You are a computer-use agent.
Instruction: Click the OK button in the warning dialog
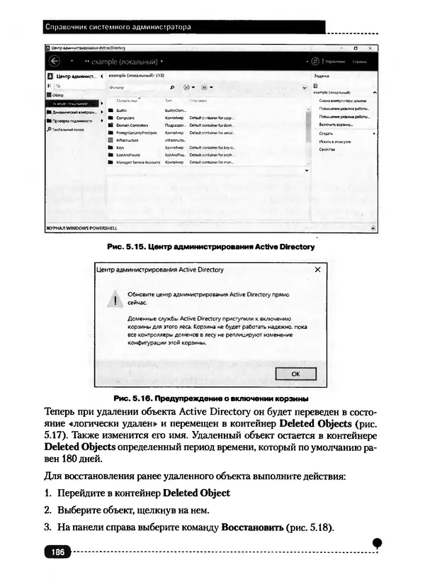click(x=294, y=373)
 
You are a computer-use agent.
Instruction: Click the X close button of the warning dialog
click(x=317, y=270)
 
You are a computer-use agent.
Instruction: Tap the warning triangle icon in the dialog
click(x=113, y=300)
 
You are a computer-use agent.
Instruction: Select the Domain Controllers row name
click(x=131, y=125)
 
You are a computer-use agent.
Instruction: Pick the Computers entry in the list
click(x=125, y=118)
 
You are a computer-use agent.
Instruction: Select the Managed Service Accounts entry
click(x=137, y=162)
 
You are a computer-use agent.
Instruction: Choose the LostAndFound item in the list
click(x=129, y=155)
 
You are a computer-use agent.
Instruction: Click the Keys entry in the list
click(x=120, y=147)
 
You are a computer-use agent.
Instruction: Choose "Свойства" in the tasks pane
click(x=327, y=150)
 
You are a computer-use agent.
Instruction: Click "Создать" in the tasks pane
click(x=327, y=133)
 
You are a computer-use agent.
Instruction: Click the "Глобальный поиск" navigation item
click(x=68, y=130)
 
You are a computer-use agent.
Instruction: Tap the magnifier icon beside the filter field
click(x=172, y=86)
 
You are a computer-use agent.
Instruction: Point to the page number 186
click(x=57, y=552)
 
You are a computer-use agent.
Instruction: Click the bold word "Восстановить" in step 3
click(x=253, y=527)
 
